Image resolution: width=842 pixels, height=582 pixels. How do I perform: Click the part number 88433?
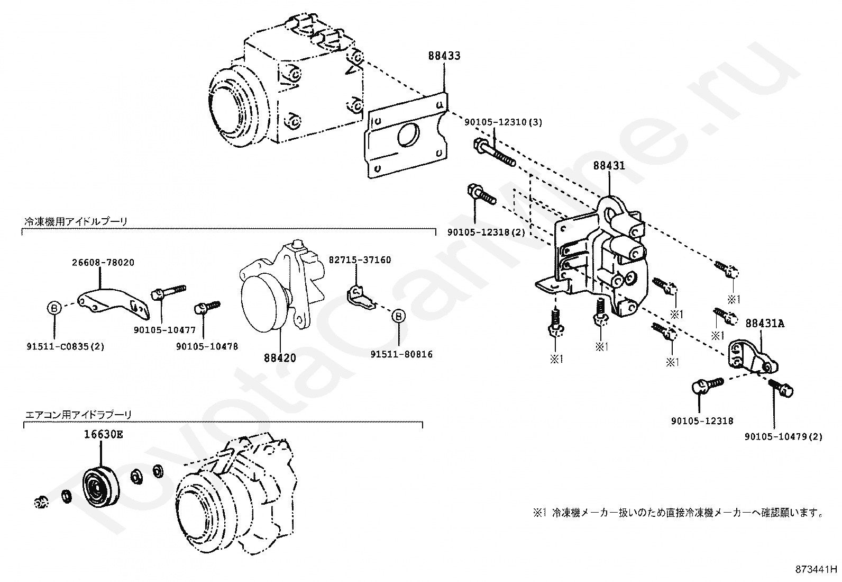click(x=444, y=56)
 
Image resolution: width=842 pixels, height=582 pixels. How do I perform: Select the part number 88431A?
click(x=765, y=323)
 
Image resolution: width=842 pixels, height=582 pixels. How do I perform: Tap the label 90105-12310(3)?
click(x=503, y=122)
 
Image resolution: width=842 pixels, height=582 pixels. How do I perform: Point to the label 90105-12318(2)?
click(x=486, y=232)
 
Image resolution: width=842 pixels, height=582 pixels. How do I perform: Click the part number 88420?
click(x=280, y=358)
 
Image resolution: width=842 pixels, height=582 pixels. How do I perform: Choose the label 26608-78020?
click(x=103, y=262)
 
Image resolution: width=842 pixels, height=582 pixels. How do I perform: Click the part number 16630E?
click(x=103, y=435)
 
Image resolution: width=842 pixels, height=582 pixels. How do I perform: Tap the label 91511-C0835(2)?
click(x=65, y=347)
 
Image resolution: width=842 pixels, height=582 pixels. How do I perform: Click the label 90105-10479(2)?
click(x=784, y=436)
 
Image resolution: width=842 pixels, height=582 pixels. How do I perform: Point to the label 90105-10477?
click(x=164, y=330)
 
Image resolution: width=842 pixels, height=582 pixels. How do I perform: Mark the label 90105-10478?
click(x=207, y=346)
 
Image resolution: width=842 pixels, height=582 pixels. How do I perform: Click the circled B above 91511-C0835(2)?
click(x=54, y=307)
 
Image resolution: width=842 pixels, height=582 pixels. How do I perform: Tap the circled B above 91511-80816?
click(x=399, y=316)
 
